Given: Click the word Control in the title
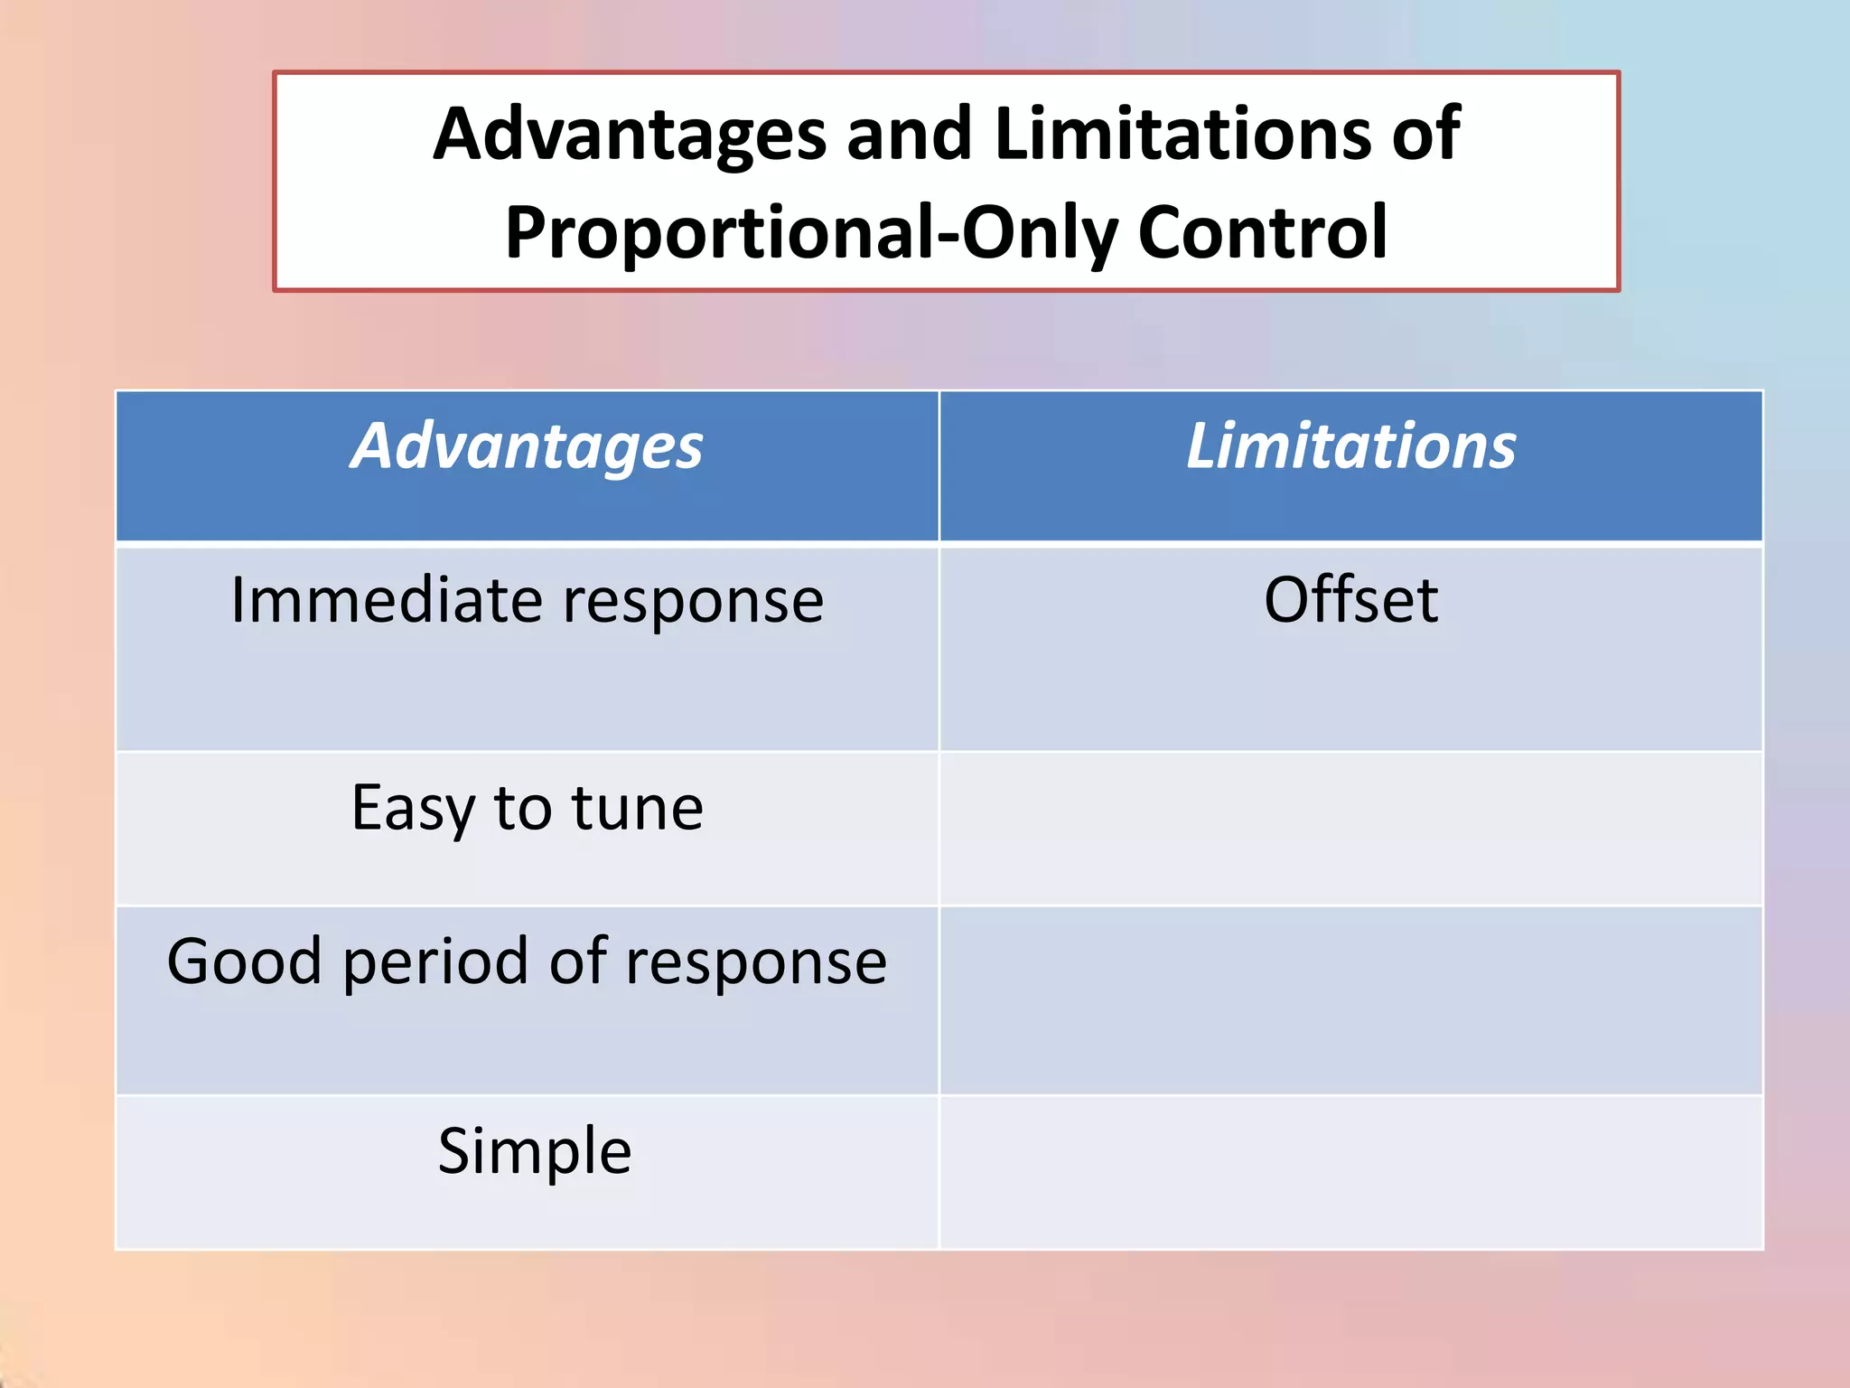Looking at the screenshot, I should tap(1262, 232).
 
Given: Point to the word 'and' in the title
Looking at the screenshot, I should tap(910, 134).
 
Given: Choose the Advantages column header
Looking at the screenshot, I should tap(527, 447).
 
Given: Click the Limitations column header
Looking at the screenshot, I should tap(1350, 447).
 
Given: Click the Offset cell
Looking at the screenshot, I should tap(1350, 600).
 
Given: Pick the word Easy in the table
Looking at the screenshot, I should tap(412, 808).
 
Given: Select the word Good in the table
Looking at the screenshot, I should tap(244, 961).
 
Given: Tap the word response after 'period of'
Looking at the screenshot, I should tap(755, 963).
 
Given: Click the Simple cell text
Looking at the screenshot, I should tap(534, 1152).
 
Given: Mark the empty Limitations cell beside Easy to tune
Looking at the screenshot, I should tap(1350, 829).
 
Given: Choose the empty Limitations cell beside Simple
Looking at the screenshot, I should tap(1350, 1172).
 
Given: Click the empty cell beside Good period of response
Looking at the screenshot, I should tap(1350, 1000).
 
